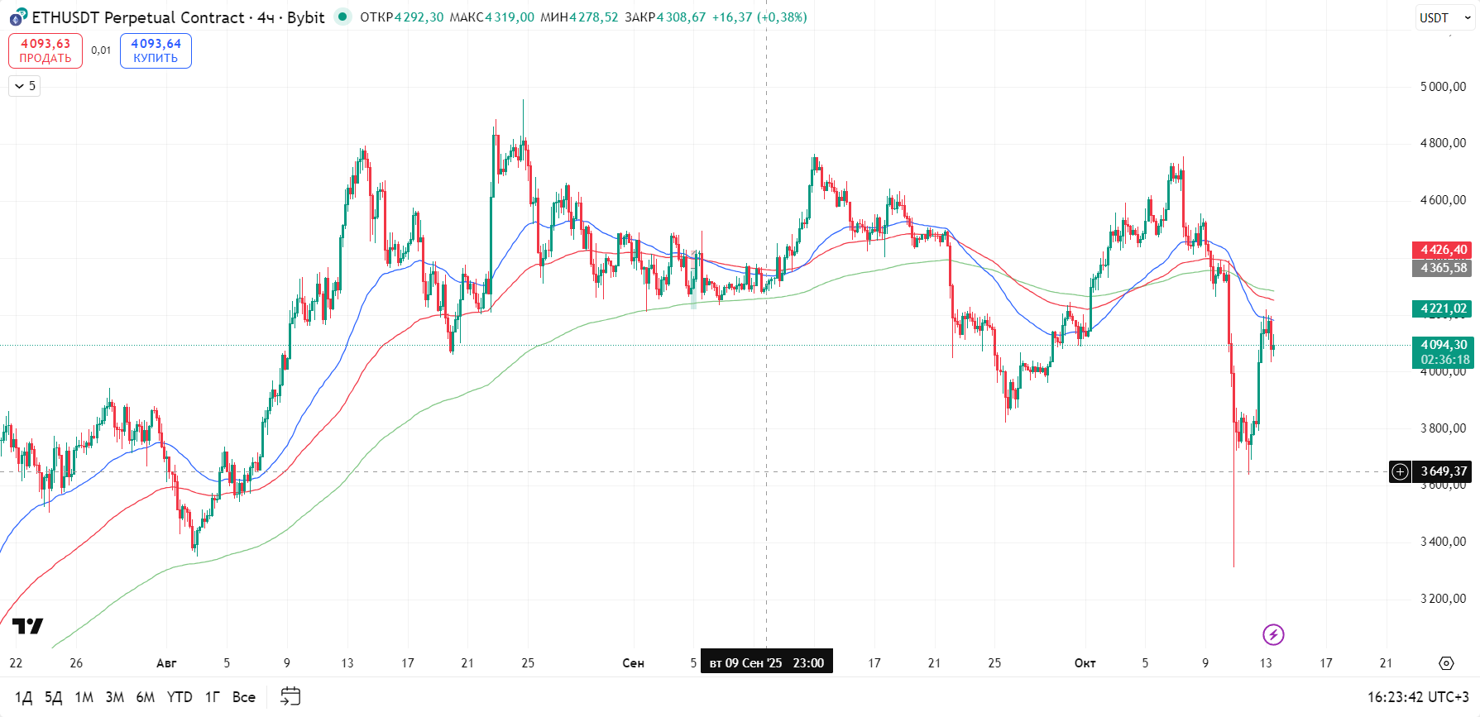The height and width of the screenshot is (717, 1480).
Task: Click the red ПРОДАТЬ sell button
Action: point(46,50)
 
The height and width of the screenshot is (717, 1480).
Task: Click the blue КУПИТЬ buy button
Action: point(156,50)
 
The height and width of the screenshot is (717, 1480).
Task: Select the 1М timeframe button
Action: point(84,697)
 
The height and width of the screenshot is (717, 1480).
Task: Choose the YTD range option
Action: point(180,697)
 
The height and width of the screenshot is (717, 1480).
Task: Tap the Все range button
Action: point(243,697)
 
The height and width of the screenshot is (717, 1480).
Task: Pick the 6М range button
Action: point(146,697)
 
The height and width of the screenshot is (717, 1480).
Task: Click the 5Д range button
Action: point(53,697)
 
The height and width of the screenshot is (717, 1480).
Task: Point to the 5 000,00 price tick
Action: point(1443,87)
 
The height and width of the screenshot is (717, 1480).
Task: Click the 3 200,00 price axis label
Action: point(1443,599)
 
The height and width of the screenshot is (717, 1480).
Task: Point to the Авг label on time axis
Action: point(166,663)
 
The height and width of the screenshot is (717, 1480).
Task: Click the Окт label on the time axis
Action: point(1085,663)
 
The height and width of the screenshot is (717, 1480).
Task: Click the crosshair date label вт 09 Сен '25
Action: point(766,663)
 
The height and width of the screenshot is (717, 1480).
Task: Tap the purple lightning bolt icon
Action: point(1273,634)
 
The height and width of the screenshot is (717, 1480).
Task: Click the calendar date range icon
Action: point(290,696)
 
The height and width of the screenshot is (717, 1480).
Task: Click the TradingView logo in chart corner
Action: point(27,626)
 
